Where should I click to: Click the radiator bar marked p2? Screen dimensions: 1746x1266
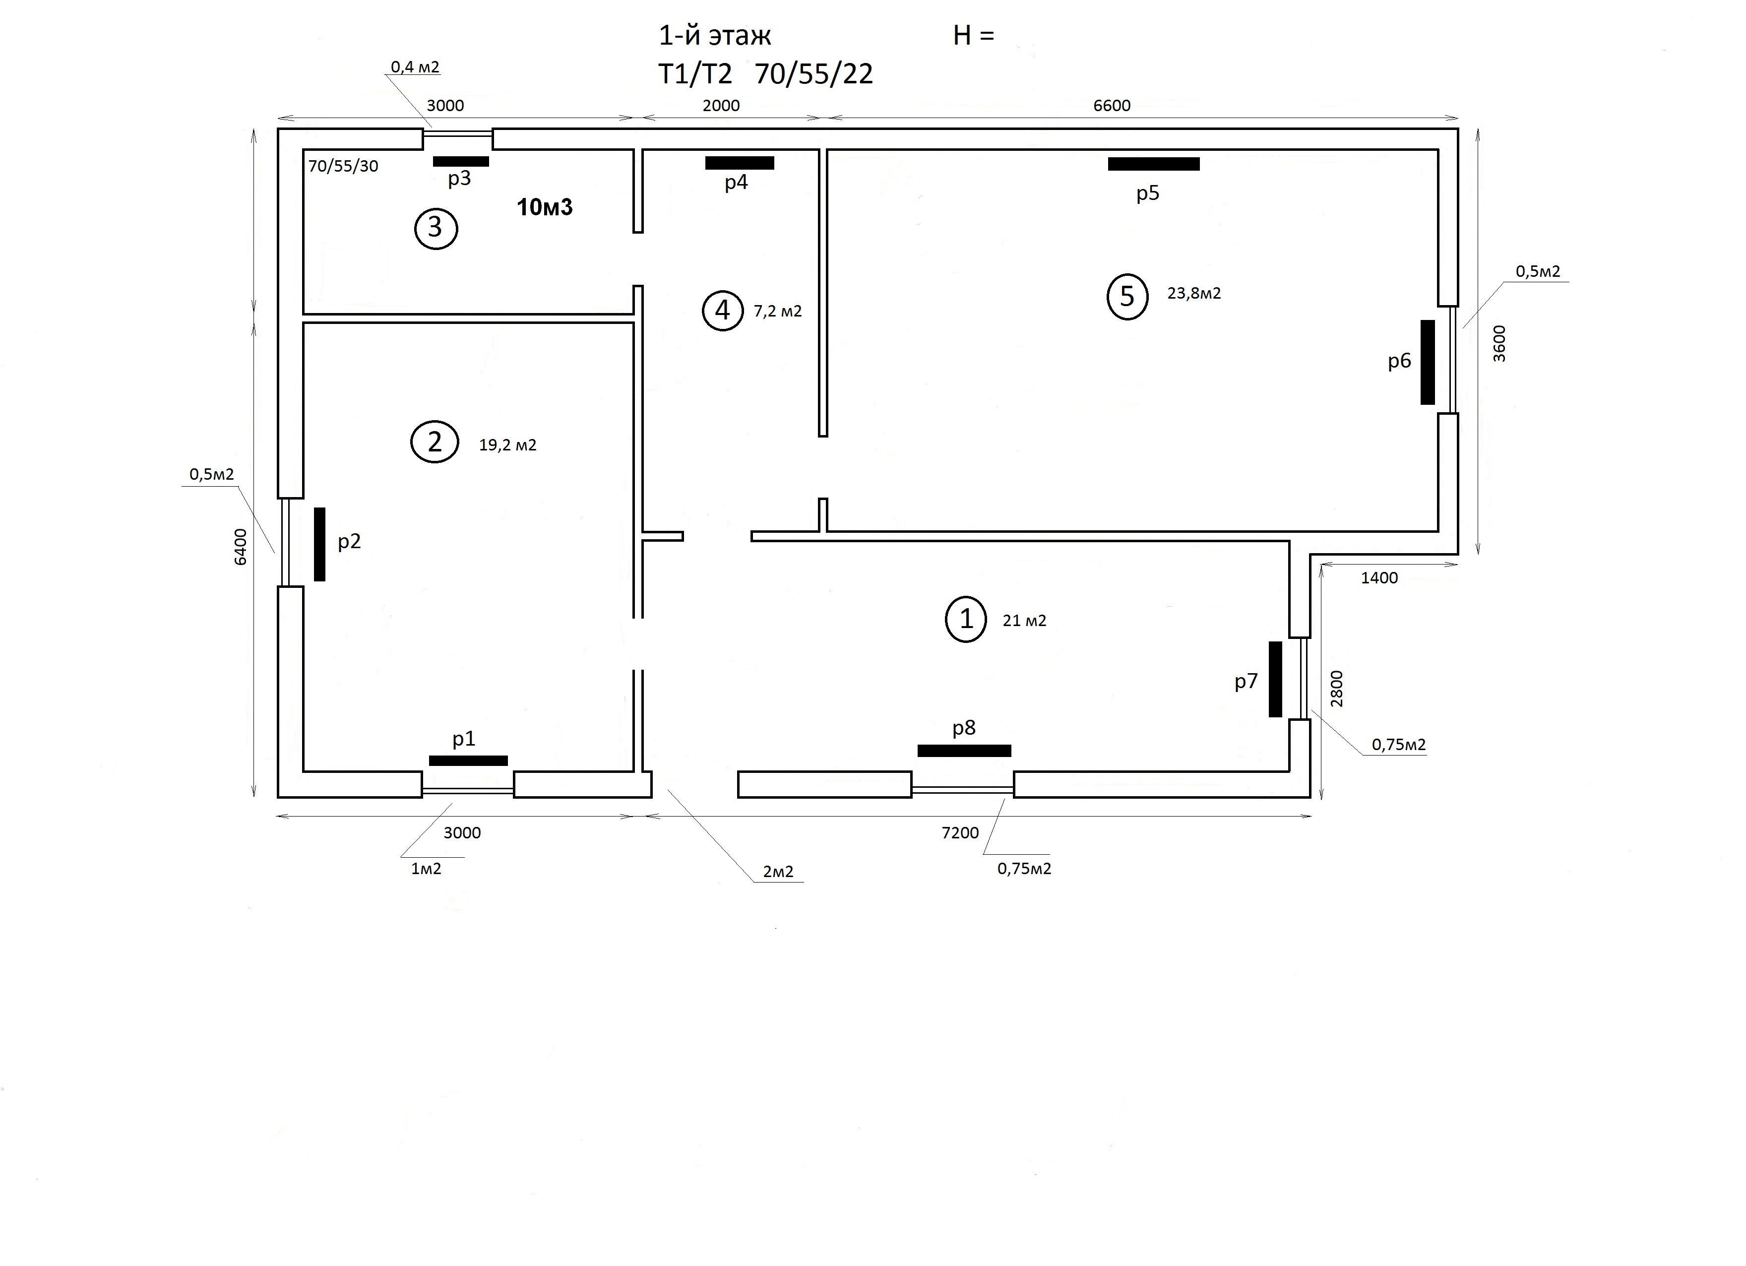pos(319,544)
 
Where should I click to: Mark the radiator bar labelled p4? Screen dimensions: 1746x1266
pos(739,163)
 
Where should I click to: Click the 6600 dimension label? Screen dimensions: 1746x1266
pos(1112,106)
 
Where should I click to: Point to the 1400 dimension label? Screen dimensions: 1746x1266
pos(1379,577)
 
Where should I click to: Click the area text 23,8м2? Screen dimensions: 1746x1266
pos(1194,293)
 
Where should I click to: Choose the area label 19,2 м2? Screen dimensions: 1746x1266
pos(507,445)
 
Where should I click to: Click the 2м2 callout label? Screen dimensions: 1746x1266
pos(778,872)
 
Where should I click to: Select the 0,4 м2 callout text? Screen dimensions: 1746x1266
pos(415,67)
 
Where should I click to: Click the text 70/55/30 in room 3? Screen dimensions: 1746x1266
pos(343,166)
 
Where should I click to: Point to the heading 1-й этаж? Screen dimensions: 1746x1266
pos(714,35)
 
